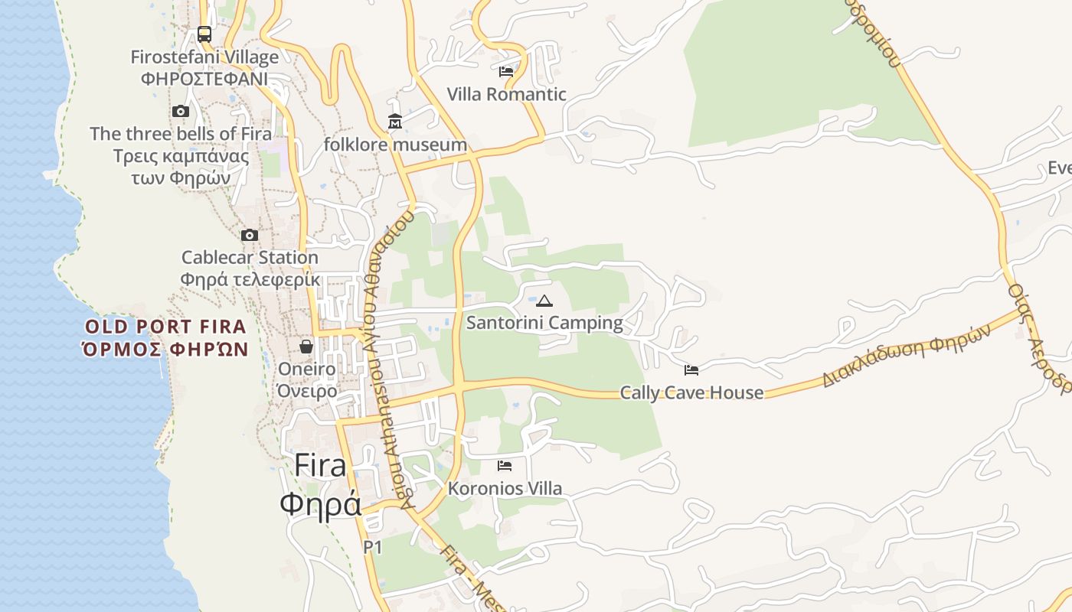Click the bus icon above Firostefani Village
click(204, 34)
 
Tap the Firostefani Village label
click(204, 57)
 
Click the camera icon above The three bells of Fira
click(181, 112)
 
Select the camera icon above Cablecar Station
click(250, 236)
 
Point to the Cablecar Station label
click(250, 258)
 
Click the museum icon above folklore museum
click(395, 122)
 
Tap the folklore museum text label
click(395, 145)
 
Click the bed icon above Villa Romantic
click(506, 72)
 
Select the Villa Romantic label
click(506, 94)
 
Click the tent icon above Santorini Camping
click(544, 301)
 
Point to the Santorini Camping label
click(544, 323)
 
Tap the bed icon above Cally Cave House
click(691, 370)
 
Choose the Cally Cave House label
click(691, 393)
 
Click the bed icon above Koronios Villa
click(505, 466)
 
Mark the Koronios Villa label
click(505, 488)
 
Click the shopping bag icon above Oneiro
click(306, 347)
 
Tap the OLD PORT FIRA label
click(165, 327)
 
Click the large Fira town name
click(320, 466)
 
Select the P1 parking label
click(372, 547)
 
